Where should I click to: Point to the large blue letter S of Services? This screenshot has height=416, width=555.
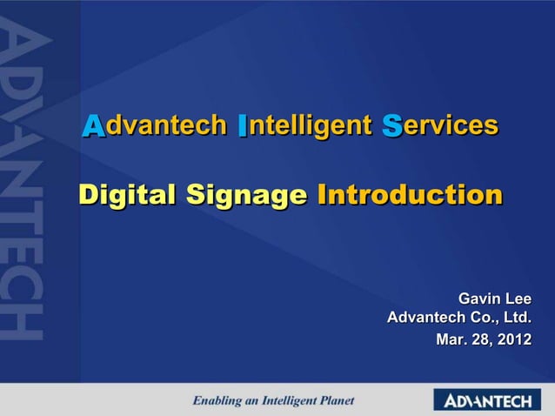[391, 127]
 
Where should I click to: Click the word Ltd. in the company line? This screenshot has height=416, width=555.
[514, 319]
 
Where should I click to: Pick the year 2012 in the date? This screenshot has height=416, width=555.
[511, 338]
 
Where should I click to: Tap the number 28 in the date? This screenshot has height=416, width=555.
[481, 338]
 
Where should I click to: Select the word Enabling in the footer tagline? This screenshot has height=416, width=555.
[217, 401]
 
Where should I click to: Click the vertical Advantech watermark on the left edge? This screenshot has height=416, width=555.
[21, 183]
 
